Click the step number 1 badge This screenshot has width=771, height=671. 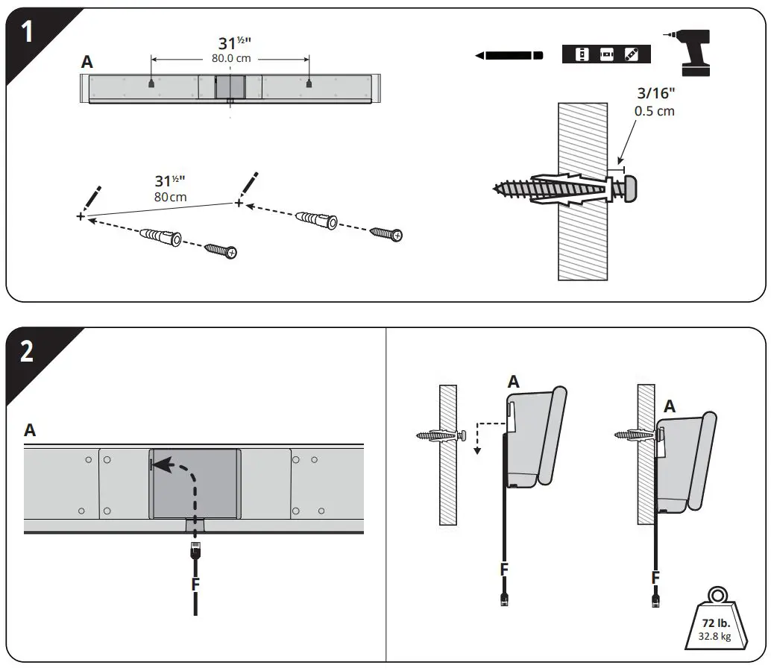pyautogui.click(x=25, y=34)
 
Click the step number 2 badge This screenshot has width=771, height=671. pyautogui.click(x=25, y=352)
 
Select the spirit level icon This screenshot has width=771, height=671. pyautogui.click(x=606, y=54)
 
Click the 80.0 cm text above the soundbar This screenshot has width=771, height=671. pyautogui.click(x=230, y=58)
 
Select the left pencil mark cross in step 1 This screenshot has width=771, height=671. pyautogui.click(x=81, y=216)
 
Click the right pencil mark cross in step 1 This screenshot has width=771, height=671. pyautogui.click(x=239, y=203)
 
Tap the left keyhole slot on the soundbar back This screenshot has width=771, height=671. pyautogui.click(x=151, y=84)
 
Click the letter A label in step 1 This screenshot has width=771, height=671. pyautogui.click(x=87, y=63)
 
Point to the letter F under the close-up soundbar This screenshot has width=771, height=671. pyautogui.click(x=195, y=584)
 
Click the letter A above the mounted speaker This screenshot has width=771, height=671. pyautogui.click(x=670, y=406)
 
